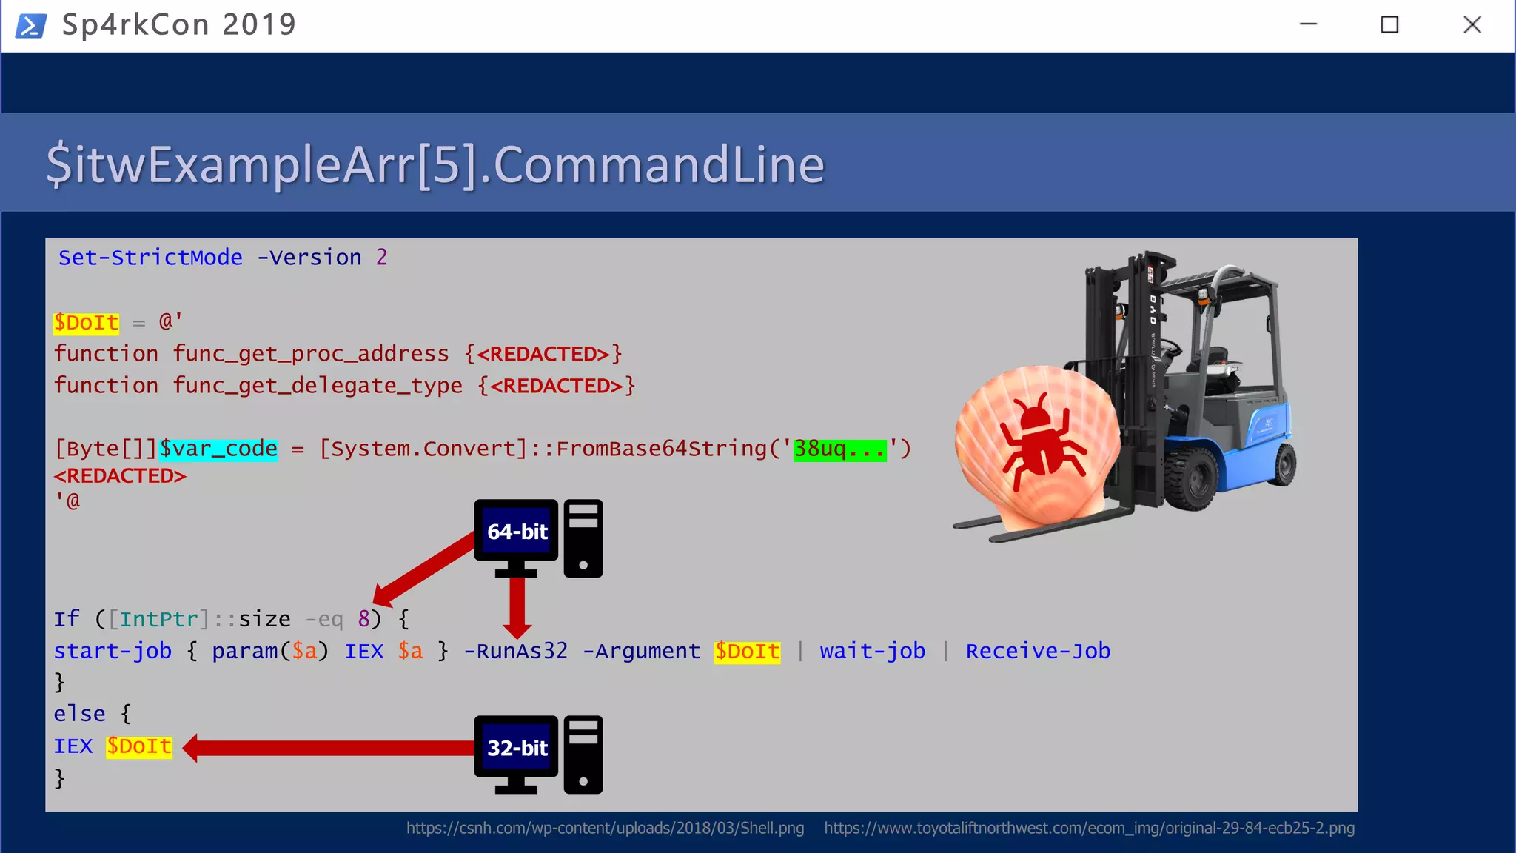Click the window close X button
(1472, 25)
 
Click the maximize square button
(1389, 25)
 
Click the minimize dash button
(1308, 24)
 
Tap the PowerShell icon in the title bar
(31, 25)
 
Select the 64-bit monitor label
(517, 532)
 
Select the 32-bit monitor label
(517, 748)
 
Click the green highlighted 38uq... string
(839, 449)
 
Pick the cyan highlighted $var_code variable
(218, 449)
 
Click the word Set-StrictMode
(150, 258)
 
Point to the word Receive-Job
(1038, 651)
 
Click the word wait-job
(872, 651)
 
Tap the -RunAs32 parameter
(515, 651)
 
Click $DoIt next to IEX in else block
(139, 746)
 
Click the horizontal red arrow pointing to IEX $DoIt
(333, 748)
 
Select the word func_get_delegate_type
(317, 386)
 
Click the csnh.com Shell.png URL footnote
(605, 828)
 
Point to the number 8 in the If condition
(364, 619)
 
